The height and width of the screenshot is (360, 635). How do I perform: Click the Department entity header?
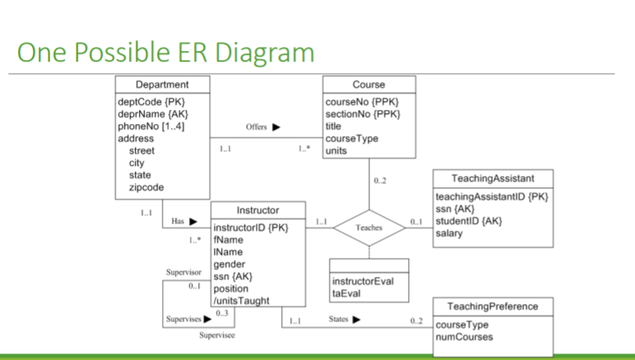pos(162,85)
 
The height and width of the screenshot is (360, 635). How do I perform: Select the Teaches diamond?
pos(368,228)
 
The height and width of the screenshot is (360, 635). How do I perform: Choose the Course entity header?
pos(368,85)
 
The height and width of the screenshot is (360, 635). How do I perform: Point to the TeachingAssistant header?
pos(492,178)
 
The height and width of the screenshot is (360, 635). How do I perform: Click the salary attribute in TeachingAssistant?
pos(451,233)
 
